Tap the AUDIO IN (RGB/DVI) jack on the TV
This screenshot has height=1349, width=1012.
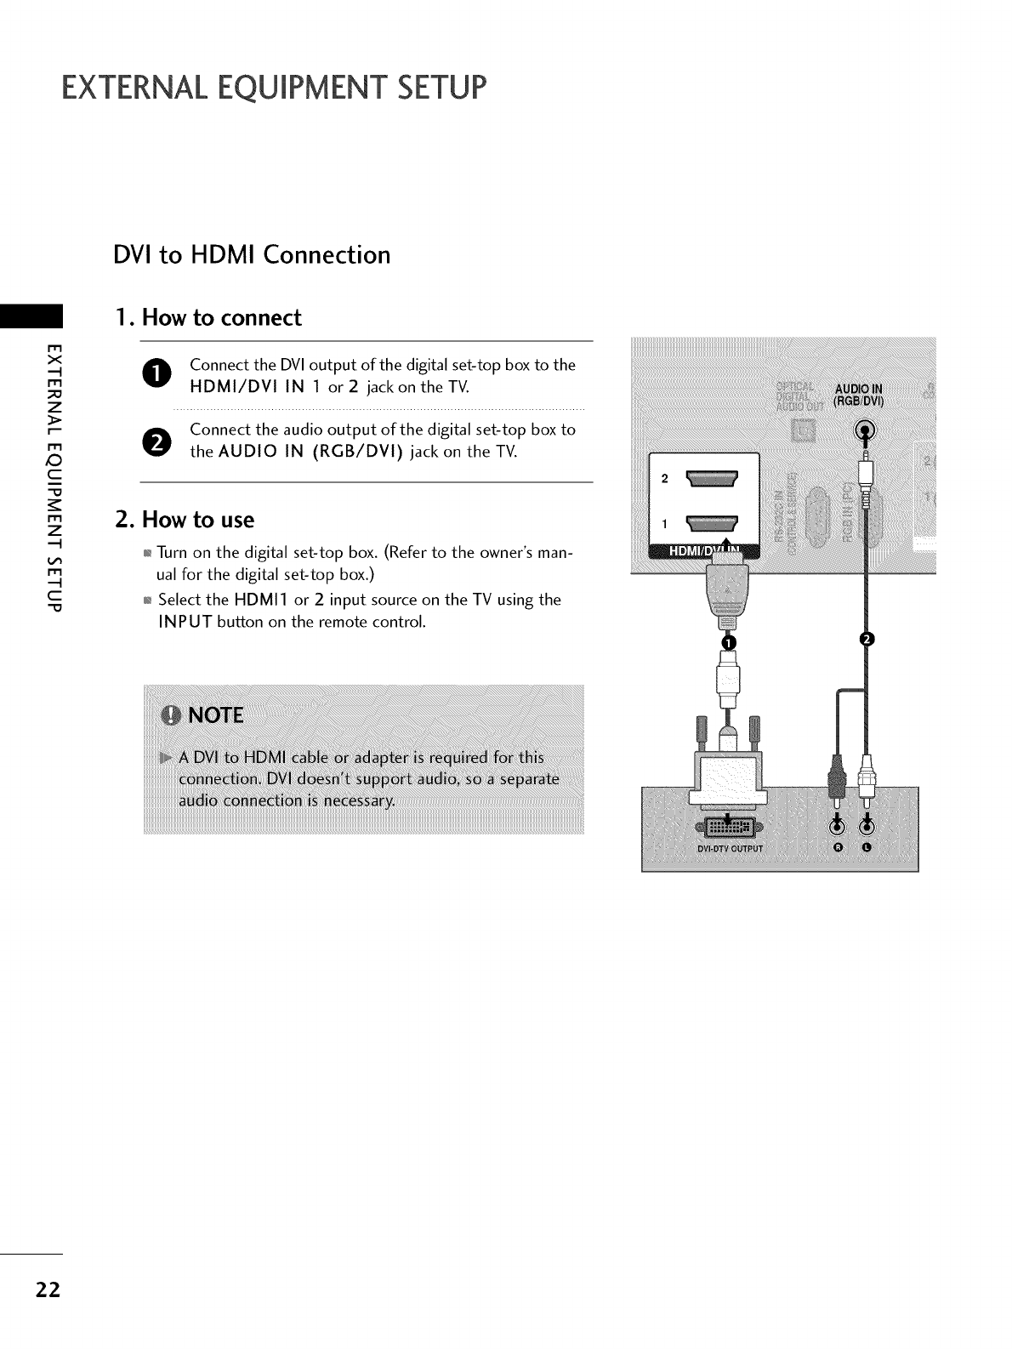[x=866, y=431]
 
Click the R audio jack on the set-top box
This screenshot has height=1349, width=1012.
[x=837, y=824]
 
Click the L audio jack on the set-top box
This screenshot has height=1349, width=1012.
[x=866, y=824]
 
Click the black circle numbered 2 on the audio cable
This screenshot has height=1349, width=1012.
[x=867, y=640]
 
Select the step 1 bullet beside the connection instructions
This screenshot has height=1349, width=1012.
[x=162, y=375]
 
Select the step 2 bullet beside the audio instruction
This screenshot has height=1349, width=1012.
[x=162, y=441]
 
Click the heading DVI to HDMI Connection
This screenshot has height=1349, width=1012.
[x=252, y=255]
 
